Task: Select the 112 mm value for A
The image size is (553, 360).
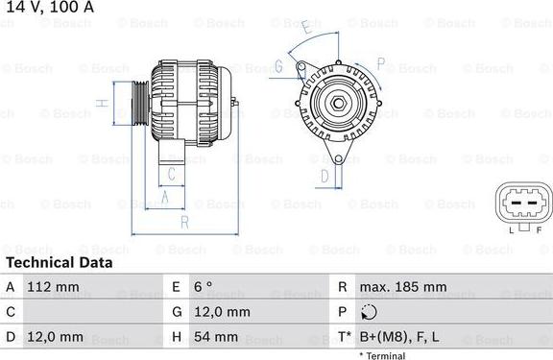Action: [x=53, y=287]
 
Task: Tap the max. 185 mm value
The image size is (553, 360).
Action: [x=402, y=287]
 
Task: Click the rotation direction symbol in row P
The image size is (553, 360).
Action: [x=371, y=313]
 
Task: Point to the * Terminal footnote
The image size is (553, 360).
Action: [x=382, y=355]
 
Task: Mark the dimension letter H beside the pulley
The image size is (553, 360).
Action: [x=100, y=103]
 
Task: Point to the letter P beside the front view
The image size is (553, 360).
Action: [x=380, y=64]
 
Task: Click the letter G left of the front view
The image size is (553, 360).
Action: [x=277, y=66]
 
